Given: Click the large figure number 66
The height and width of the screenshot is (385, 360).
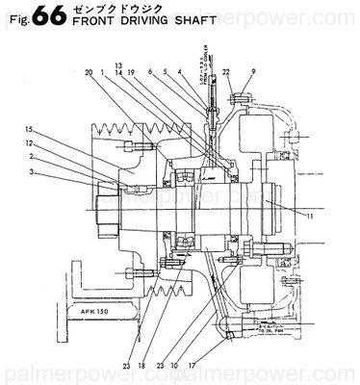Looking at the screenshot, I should tap(46, 16).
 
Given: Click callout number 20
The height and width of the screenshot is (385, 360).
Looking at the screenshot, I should tap(88, 72).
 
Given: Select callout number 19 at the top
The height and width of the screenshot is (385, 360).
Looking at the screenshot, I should tap(131, 72).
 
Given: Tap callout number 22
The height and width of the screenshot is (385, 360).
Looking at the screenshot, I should tap(226, 72).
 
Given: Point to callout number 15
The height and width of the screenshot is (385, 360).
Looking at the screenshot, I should tap(30, 129).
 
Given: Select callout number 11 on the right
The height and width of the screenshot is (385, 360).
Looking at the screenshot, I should tap(310, 217).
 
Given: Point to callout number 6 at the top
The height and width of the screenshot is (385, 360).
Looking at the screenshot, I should tap(150, 72).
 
